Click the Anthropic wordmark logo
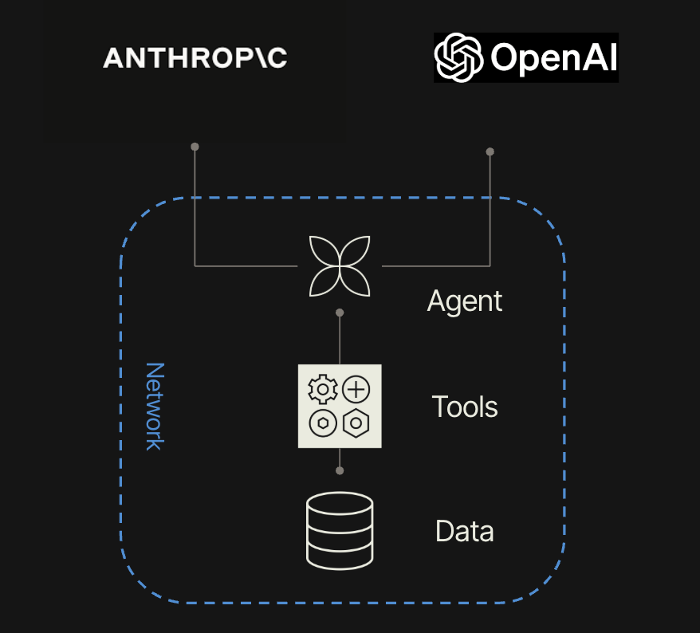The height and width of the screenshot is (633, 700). tap(195, 57)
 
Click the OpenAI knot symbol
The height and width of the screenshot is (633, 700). tap(459, 57)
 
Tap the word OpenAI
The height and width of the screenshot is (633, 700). tap(553, 58)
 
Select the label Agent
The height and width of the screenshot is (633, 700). tap(465, 301)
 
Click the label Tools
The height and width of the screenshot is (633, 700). tap(465, 407)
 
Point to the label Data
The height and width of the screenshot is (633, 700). tap(465, 531)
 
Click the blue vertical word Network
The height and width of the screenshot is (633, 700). tap(153, 407)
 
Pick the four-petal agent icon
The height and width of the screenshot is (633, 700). tap(340, 265)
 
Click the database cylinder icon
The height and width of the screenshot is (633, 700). tap(340, 530)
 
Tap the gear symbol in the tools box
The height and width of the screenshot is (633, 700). tap(323, 390)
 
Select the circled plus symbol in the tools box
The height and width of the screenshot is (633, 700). tap(356, 390)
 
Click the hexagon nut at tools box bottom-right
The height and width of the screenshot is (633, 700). tap(356, 424)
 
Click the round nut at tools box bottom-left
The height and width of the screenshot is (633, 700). tap(323, 424)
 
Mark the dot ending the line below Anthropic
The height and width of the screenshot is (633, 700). tap(195, 147)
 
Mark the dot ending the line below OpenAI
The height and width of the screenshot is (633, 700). tap(490, 151)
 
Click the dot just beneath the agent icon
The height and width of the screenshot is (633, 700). tap(340, 313)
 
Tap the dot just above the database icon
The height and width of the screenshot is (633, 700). tap(340, 470)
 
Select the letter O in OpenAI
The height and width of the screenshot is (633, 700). tap(506, 57)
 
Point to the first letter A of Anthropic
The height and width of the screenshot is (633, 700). tap(112, 57)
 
